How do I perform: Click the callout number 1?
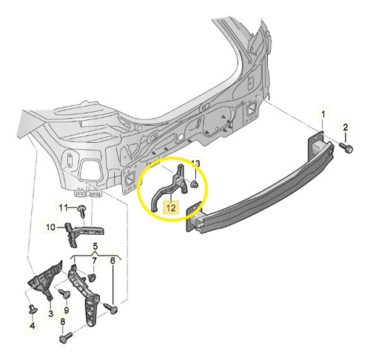coord(323,114)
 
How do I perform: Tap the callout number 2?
coord(346,127)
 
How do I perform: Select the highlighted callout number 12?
coord(171,207)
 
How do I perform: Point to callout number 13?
coord(195,163)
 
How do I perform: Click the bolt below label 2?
coord(346,147)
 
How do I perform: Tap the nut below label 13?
coord(195,184)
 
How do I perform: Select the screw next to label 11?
coord(81,211)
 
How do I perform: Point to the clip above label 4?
coord(32,308)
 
